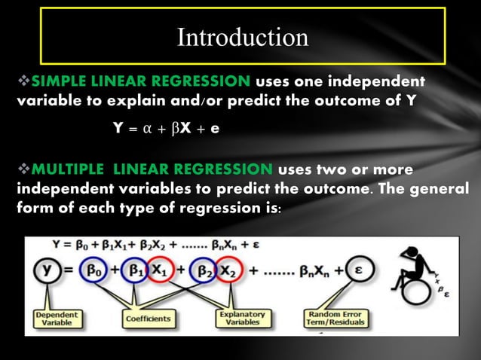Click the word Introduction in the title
[x=242, y=38]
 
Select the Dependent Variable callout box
[x=53, y=317]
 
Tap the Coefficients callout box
[x=148, y=319]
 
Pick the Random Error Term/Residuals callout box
[x=336, y=317]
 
